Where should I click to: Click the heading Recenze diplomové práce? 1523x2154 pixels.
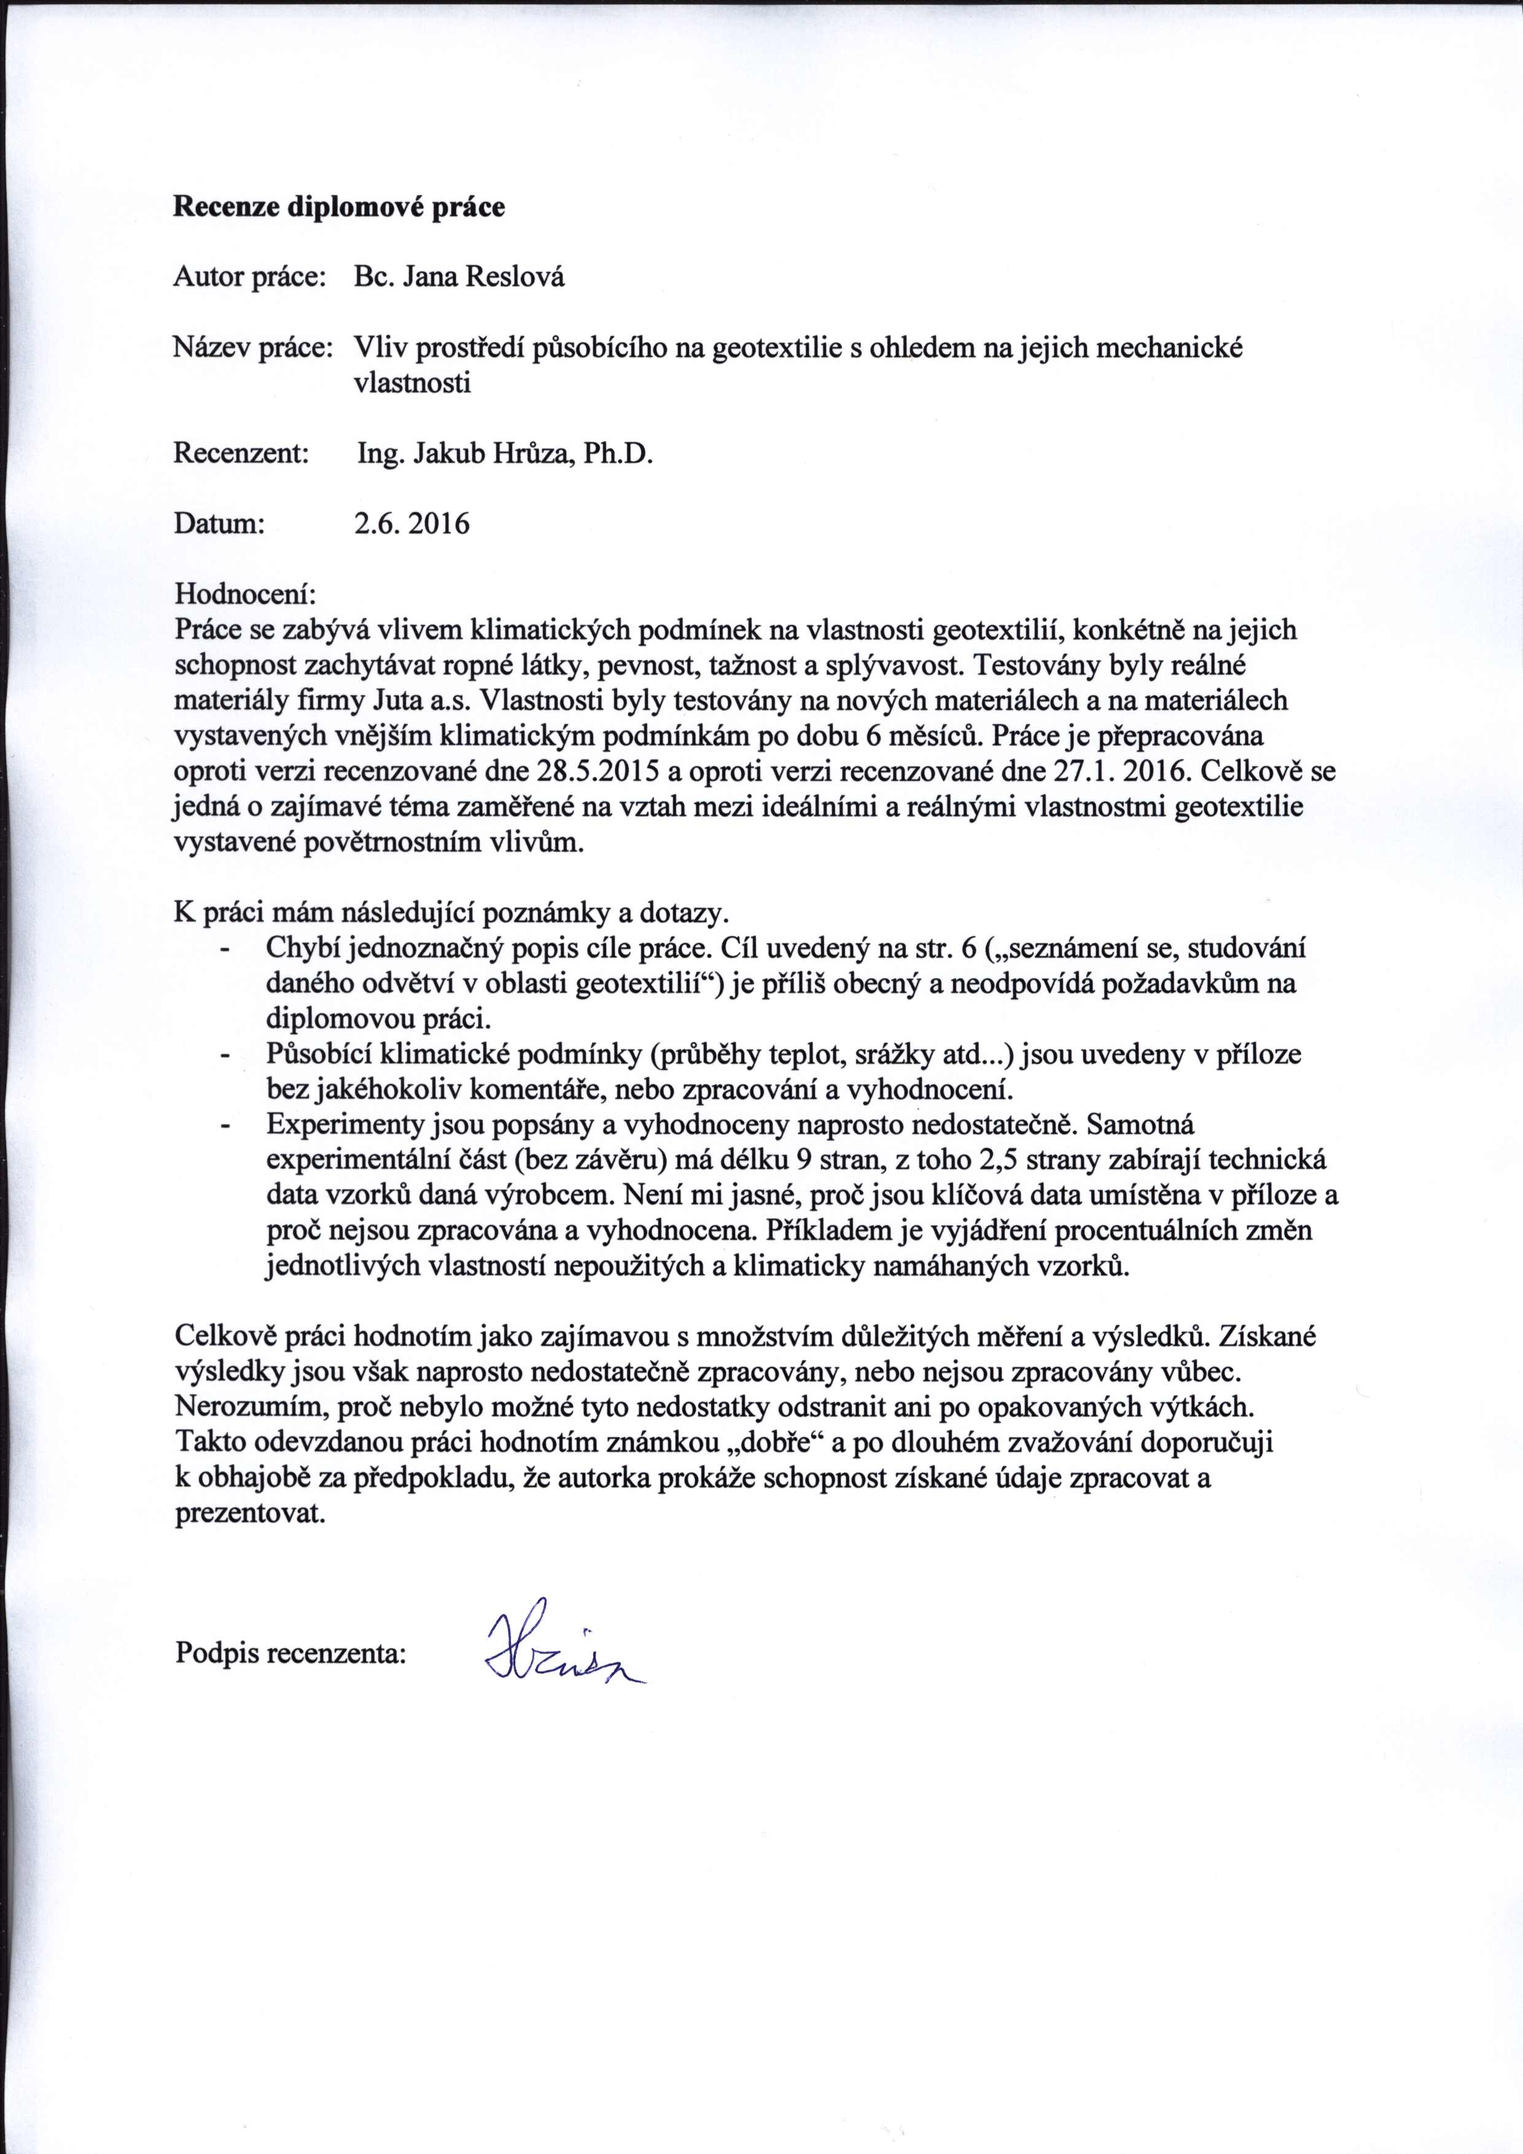(338, 208)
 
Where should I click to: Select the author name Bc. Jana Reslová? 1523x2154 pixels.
(459, 278)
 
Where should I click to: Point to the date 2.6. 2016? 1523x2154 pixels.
(411, 523)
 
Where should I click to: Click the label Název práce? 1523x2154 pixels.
(253, 349)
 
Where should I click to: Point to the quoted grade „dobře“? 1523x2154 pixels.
(774, 1443)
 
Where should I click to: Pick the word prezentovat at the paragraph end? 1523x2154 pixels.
(249, 1514)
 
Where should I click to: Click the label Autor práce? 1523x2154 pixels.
(249, 278)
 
